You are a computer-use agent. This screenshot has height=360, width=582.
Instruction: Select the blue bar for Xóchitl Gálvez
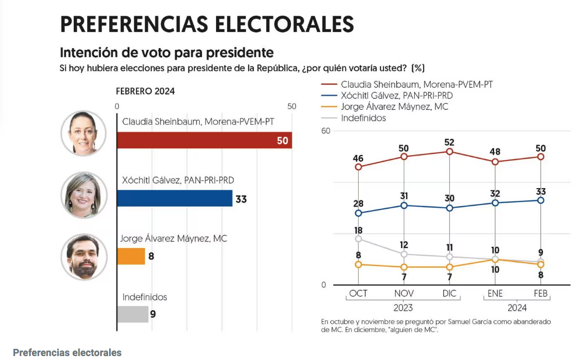[x=174, y=198]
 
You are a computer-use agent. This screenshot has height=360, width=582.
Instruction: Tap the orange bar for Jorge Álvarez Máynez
[x=130, y=256]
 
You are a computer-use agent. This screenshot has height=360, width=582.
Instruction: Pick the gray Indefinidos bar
[x=132, y=314]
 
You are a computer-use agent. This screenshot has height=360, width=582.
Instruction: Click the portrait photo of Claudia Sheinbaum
[x=83, y=133]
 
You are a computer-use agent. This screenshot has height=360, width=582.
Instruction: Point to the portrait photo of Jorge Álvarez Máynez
[x=83, y=256]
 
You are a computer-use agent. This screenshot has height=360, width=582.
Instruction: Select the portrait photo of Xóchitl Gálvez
[x=83, y=195]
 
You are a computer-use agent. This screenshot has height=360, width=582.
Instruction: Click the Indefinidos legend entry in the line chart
[x=363, y=118]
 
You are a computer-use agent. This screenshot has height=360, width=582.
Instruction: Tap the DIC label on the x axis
[x=449, y=293]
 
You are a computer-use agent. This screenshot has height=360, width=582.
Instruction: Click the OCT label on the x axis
[x=358, y=293]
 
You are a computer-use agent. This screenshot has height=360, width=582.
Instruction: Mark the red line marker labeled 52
[x=449, y=152]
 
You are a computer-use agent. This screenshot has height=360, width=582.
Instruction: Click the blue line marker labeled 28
[x=358, y=213]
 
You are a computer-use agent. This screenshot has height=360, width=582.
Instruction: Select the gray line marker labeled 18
[x=358, y=239]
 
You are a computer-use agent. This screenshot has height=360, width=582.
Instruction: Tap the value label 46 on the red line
[x=358, y=158]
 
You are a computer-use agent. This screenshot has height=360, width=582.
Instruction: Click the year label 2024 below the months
[x=518, y=308]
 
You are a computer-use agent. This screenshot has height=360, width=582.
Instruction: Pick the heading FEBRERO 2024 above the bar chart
[x=145, y=91]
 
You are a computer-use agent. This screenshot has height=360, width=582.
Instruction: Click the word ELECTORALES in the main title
[x=285, y=25]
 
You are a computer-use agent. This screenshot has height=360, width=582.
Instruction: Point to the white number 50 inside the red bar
[x=283, y=141]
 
